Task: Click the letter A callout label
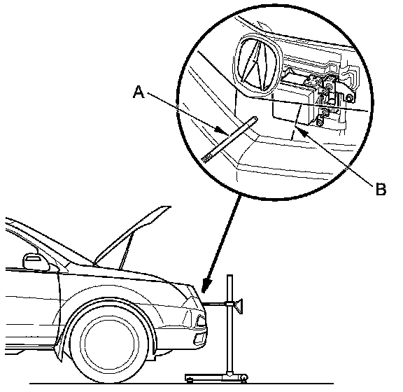tap(139, 92)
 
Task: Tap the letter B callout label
tap(381, 189)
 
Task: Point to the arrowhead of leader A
tap(222, 130)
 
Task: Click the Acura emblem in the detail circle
tap(257, 65)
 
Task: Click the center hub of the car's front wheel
tap(110, 344)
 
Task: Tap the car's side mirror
tap(36, 262)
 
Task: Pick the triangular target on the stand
tap(239, 306)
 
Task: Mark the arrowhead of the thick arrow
tap(206, 286)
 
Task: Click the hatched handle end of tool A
tap(206, 158)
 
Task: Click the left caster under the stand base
tap(190, 381)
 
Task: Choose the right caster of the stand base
tap(243, 380)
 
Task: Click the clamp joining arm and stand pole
tap(229, 304)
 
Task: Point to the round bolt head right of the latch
tap(349, 98)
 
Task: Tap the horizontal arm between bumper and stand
tap(215, 304)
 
